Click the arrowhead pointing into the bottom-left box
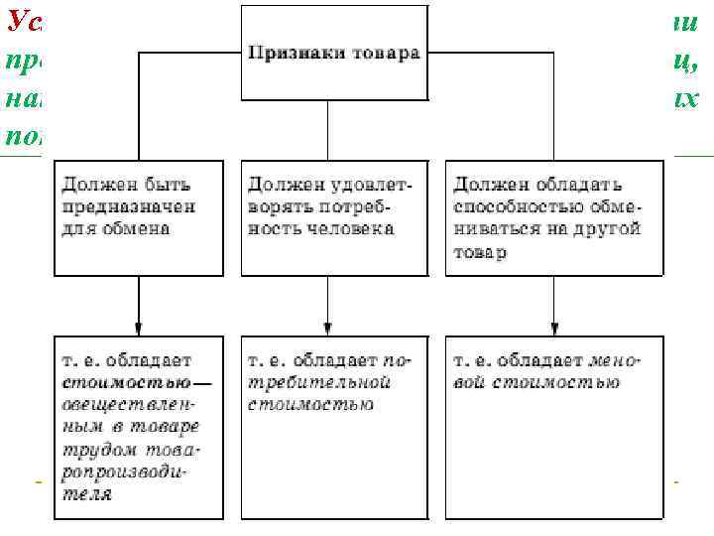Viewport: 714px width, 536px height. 139,329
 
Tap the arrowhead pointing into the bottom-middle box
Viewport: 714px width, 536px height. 328,329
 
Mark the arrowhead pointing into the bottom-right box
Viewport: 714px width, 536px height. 554,329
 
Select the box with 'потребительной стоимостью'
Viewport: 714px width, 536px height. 330,427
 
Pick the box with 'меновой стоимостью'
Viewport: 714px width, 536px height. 554,427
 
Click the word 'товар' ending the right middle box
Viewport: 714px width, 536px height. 480,252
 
